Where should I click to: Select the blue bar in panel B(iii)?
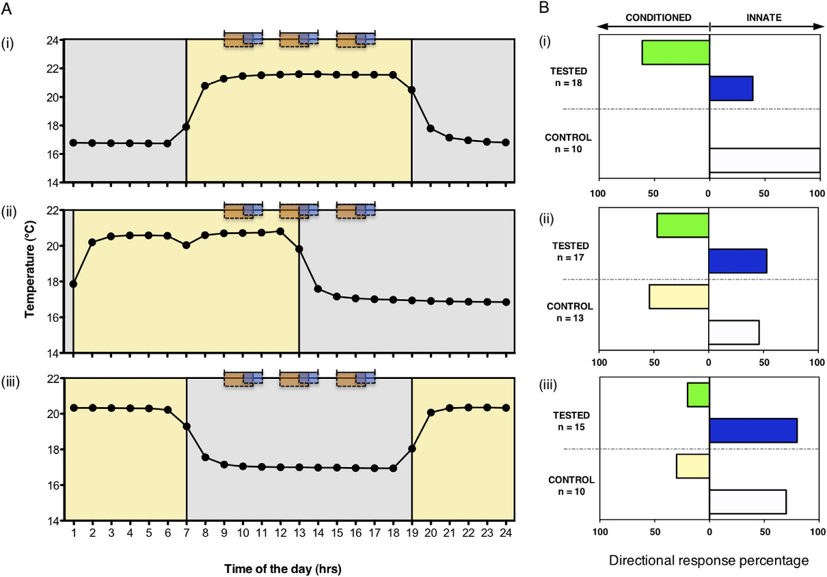click(753, 430)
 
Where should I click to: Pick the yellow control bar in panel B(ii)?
click(679, 296)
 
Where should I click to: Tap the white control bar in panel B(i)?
click(764, 160)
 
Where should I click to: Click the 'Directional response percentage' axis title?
click(708, 560)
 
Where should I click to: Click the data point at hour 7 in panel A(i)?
click(186, 126)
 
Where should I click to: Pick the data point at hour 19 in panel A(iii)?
click(411, 449)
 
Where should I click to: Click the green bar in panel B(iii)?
click(698, 395)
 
